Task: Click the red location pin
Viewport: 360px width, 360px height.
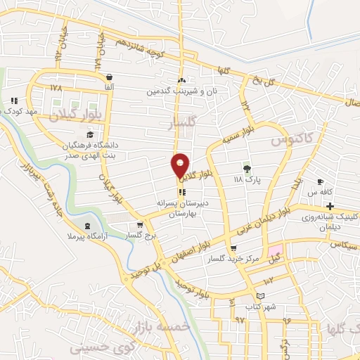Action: tap(181, 166)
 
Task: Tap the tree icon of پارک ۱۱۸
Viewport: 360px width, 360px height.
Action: tap(247, 169)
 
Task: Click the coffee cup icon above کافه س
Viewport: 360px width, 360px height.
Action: tap(321, 181)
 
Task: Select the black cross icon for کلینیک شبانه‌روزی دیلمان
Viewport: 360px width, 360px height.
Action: tap(330, 206)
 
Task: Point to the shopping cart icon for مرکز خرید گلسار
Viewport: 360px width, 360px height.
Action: tap(233, 248)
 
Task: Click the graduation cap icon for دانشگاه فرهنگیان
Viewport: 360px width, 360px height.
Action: tap(89, 135)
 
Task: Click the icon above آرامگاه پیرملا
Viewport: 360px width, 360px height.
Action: tap(86, 226)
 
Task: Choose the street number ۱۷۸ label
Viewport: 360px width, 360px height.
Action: tap(56, 89)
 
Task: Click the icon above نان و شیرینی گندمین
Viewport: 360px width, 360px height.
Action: tap(181, 80)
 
